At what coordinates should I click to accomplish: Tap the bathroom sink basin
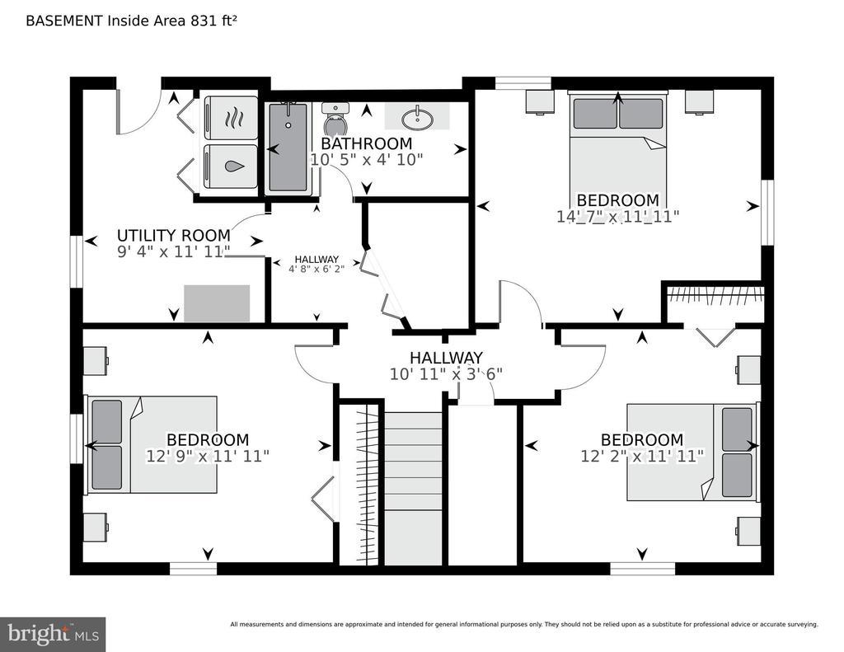(416, 118)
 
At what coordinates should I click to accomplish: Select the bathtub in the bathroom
(289, 148)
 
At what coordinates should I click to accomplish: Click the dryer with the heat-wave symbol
(232, 117)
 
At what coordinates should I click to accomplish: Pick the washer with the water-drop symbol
(232, 167)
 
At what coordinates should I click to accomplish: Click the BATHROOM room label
(367, 143)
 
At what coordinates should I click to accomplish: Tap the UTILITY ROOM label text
(173, 235)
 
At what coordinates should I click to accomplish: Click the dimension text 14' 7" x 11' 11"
(618, 217)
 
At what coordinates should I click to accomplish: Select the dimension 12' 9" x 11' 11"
(208, 456)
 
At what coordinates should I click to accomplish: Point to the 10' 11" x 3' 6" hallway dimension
(446, 374)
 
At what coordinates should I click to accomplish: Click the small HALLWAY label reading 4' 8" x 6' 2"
(316, 265)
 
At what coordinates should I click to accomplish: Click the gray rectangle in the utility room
(217, 303)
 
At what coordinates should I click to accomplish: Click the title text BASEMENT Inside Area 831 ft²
(132, 21)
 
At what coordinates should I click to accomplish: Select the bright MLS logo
(53, 634)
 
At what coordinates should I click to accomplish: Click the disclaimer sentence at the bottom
(524, 625)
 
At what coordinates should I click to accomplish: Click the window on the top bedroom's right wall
(767, 212)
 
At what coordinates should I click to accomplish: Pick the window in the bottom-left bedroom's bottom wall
(193, 569)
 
